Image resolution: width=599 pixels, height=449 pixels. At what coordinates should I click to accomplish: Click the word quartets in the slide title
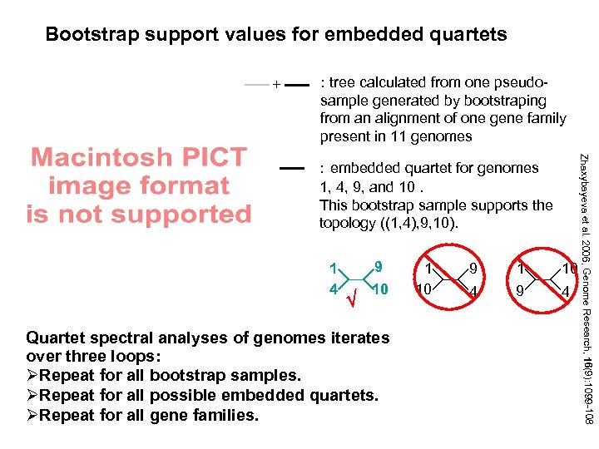465,34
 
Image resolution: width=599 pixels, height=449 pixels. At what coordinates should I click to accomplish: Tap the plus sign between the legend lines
276,84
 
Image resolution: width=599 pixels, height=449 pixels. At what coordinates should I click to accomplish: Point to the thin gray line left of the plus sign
257,84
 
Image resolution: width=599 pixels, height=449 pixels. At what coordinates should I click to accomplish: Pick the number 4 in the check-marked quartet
332,290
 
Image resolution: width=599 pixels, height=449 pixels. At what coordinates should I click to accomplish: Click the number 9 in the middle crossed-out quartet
472,269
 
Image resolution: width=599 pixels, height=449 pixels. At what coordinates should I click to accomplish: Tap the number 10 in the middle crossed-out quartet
423,290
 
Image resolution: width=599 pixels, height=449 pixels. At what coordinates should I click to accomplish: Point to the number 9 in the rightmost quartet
519,290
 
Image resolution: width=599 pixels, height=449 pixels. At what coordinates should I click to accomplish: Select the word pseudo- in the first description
522,82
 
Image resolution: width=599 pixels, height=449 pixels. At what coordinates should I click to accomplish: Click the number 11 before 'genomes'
417,136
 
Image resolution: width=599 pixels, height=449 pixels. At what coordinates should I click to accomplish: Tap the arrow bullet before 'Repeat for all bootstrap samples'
32,375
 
